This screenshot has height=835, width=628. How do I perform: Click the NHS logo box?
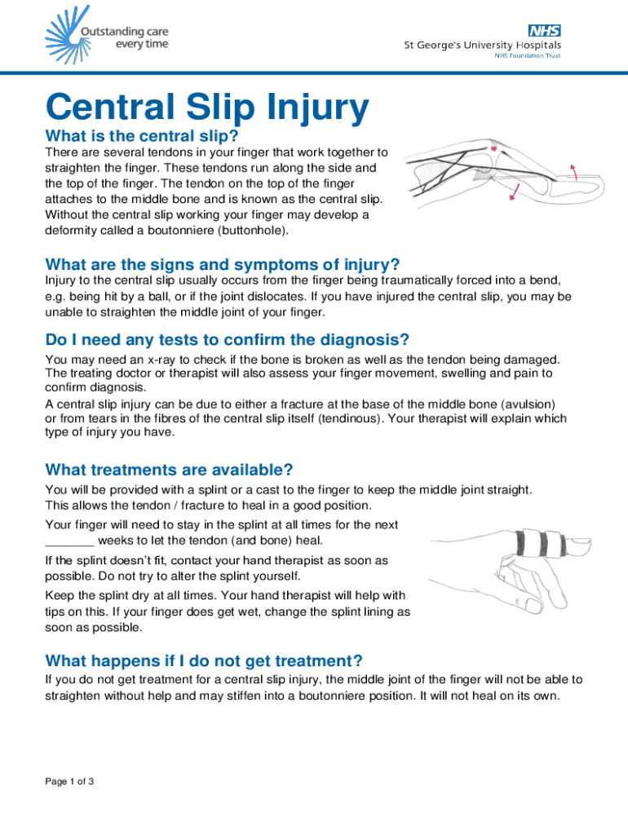point(544,30)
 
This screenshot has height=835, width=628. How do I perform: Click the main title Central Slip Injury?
point(207,107)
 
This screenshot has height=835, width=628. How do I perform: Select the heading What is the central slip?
point(142,136)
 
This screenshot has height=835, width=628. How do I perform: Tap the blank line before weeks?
point(70,546)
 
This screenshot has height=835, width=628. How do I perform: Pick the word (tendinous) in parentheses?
point(351,418)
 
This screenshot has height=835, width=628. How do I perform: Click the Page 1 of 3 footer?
point(69,781)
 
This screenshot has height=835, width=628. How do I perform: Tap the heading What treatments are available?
point(170,470)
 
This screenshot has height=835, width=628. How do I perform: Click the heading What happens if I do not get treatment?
point(204,660)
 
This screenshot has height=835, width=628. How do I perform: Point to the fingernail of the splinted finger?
point(580,544)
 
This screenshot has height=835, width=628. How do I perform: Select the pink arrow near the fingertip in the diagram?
point(574,171)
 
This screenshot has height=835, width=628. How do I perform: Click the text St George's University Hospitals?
point(483,46)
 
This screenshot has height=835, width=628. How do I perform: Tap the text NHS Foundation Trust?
point(528,55)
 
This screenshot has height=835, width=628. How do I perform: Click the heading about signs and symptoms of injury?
point(223,265)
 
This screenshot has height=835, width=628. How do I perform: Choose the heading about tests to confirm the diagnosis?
point(228,340)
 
